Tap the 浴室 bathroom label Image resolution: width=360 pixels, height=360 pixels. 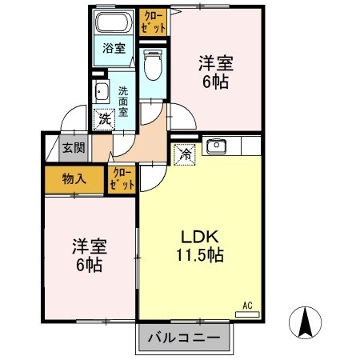coord(114,48)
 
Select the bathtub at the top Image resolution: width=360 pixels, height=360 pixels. coord(114,22)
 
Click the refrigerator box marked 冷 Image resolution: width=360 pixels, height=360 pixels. coord(184,152)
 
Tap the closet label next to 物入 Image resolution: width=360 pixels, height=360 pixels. coord(122,179)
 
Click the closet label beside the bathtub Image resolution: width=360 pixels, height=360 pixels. coord(154,22)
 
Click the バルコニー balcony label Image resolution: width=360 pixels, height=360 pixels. coord(185,338)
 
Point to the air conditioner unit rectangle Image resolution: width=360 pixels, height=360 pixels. coord(249,314)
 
